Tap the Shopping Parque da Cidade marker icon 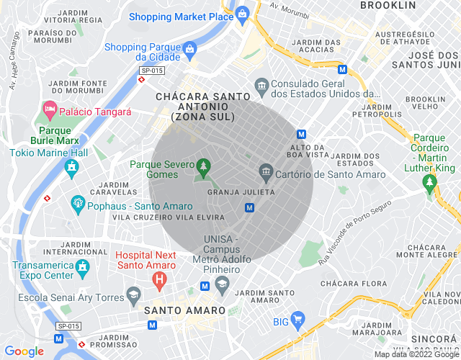coord(190,49)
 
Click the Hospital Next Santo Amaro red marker coord(160,277)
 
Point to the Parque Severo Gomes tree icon coord(203,167)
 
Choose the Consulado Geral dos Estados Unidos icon coord(261,85)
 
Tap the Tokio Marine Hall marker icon coord(71,168)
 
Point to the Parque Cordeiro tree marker coord(430,184)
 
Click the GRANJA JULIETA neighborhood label coord(241,192)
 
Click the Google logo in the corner coord(24,351)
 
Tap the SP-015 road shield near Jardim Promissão coord(68,325)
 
